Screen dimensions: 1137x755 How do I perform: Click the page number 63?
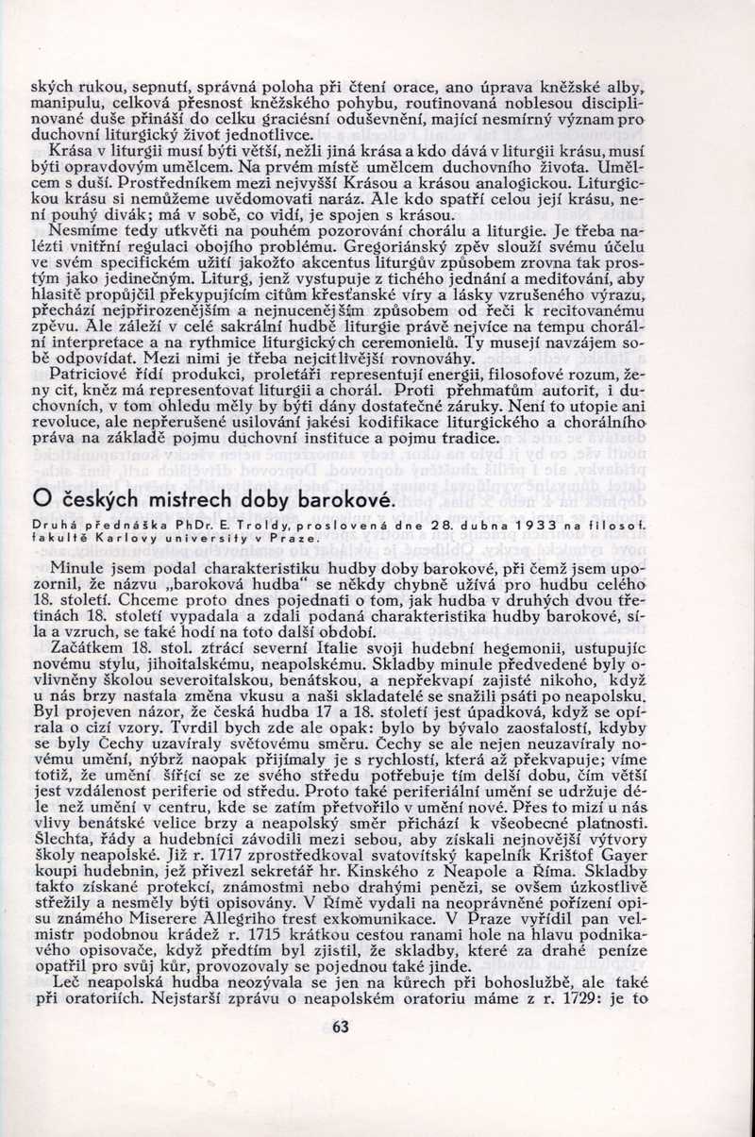340,1028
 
